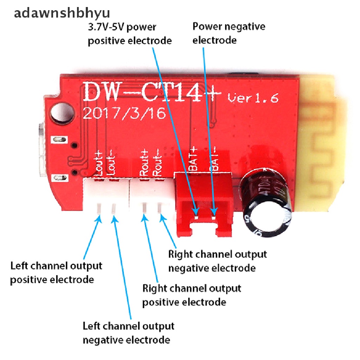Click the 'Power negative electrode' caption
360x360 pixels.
tap(229, 33)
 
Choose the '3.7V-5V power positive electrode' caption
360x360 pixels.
tap(129, 34)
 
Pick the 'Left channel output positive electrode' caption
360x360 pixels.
tap(56, 272)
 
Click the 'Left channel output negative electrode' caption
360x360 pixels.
tap(128, 333)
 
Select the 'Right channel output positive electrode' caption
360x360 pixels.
tap(192, 295)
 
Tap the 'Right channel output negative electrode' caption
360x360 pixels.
tap(217, 261)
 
